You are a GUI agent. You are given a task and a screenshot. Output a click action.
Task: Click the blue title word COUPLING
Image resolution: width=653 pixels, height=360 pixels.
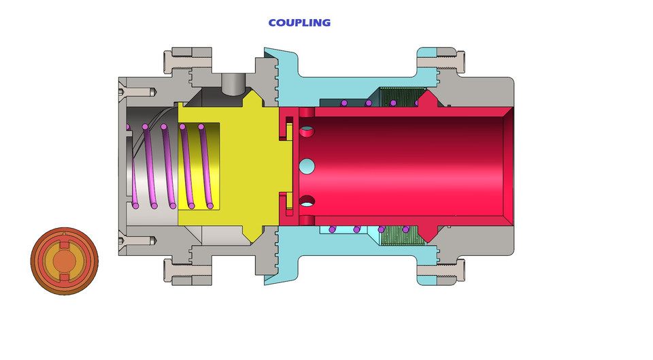(x=299, y=22)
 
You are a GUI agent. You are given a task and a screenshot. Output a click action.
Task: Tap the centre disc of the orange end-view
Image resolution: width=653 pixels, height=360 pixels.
(x=64, y=261)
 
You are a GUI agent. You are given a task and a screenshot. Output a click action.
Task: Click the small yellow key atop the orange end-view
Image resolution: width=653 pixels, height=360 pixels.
(x=64, y=235)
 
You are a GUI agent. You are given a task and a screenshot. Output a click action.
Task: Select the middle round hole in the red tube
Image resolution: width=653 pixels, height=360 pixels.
(x=307, y=165)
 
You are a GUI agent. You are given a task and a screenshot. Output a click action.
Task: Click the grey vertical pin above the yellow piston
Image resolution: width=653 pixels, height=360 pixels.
(x=232, y=84)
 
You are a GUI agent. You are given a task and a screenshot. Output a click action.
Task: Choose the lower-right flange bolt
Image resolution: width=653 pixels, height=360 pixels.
(x=440, y=271)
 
